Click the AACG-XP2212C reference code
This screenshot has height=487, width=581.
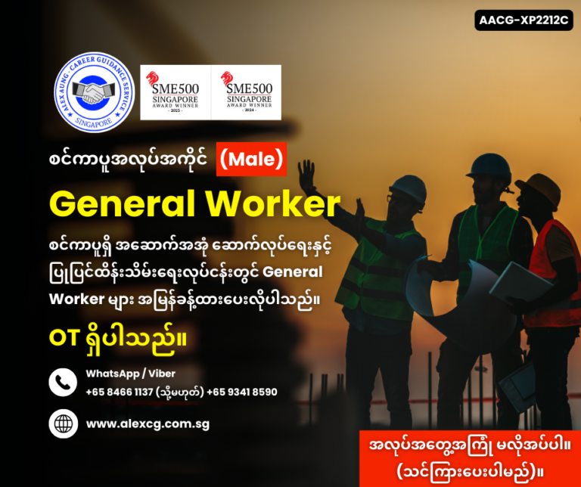(x=523, y=20)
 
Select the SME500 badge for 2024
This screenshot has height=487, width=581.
(x=245, y=92)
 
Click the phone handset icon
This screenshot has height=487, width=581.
(x=64, y=382)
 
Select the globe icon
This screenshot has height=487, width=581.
(x=64, y=423)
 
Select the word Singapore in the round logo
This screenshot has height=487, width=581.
(x=94, y=125)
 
